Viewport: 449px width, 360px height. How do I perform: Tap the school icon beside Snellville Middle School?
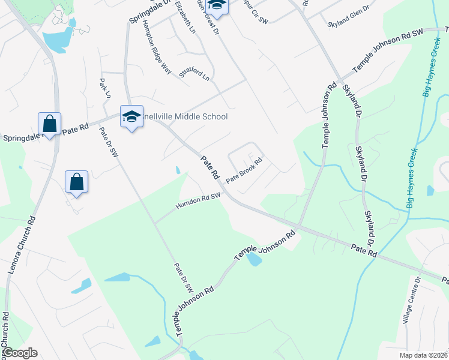coord(131,116)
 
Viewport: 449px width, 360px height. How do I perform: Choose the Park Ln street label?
coord(105,88)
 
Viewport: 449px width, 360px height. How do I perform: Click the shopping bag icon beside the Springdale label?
coord(49,124)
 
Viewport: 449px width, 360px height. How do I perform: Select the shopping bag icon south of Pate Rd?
coord(77,181)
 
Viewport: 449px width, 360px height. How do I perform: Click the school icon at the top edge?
coord(217,5)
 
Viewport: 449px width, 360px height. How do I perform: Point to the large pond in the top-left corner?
coord(58,40)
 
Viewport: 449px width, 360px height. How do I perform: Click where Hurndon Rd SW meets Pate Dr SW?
coord(155,223)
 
